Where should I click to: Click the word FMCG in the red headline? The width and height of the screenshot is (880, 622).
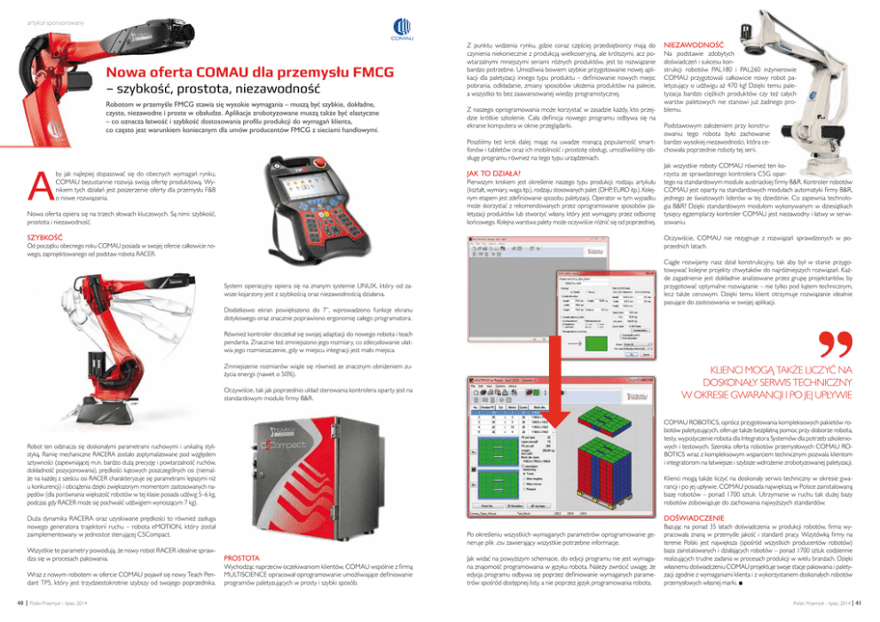(320, 71)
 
